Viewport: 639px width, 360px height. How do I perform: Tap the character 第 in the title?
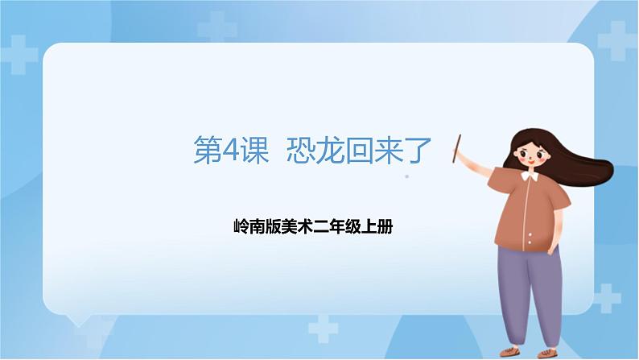pos(208,151)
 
